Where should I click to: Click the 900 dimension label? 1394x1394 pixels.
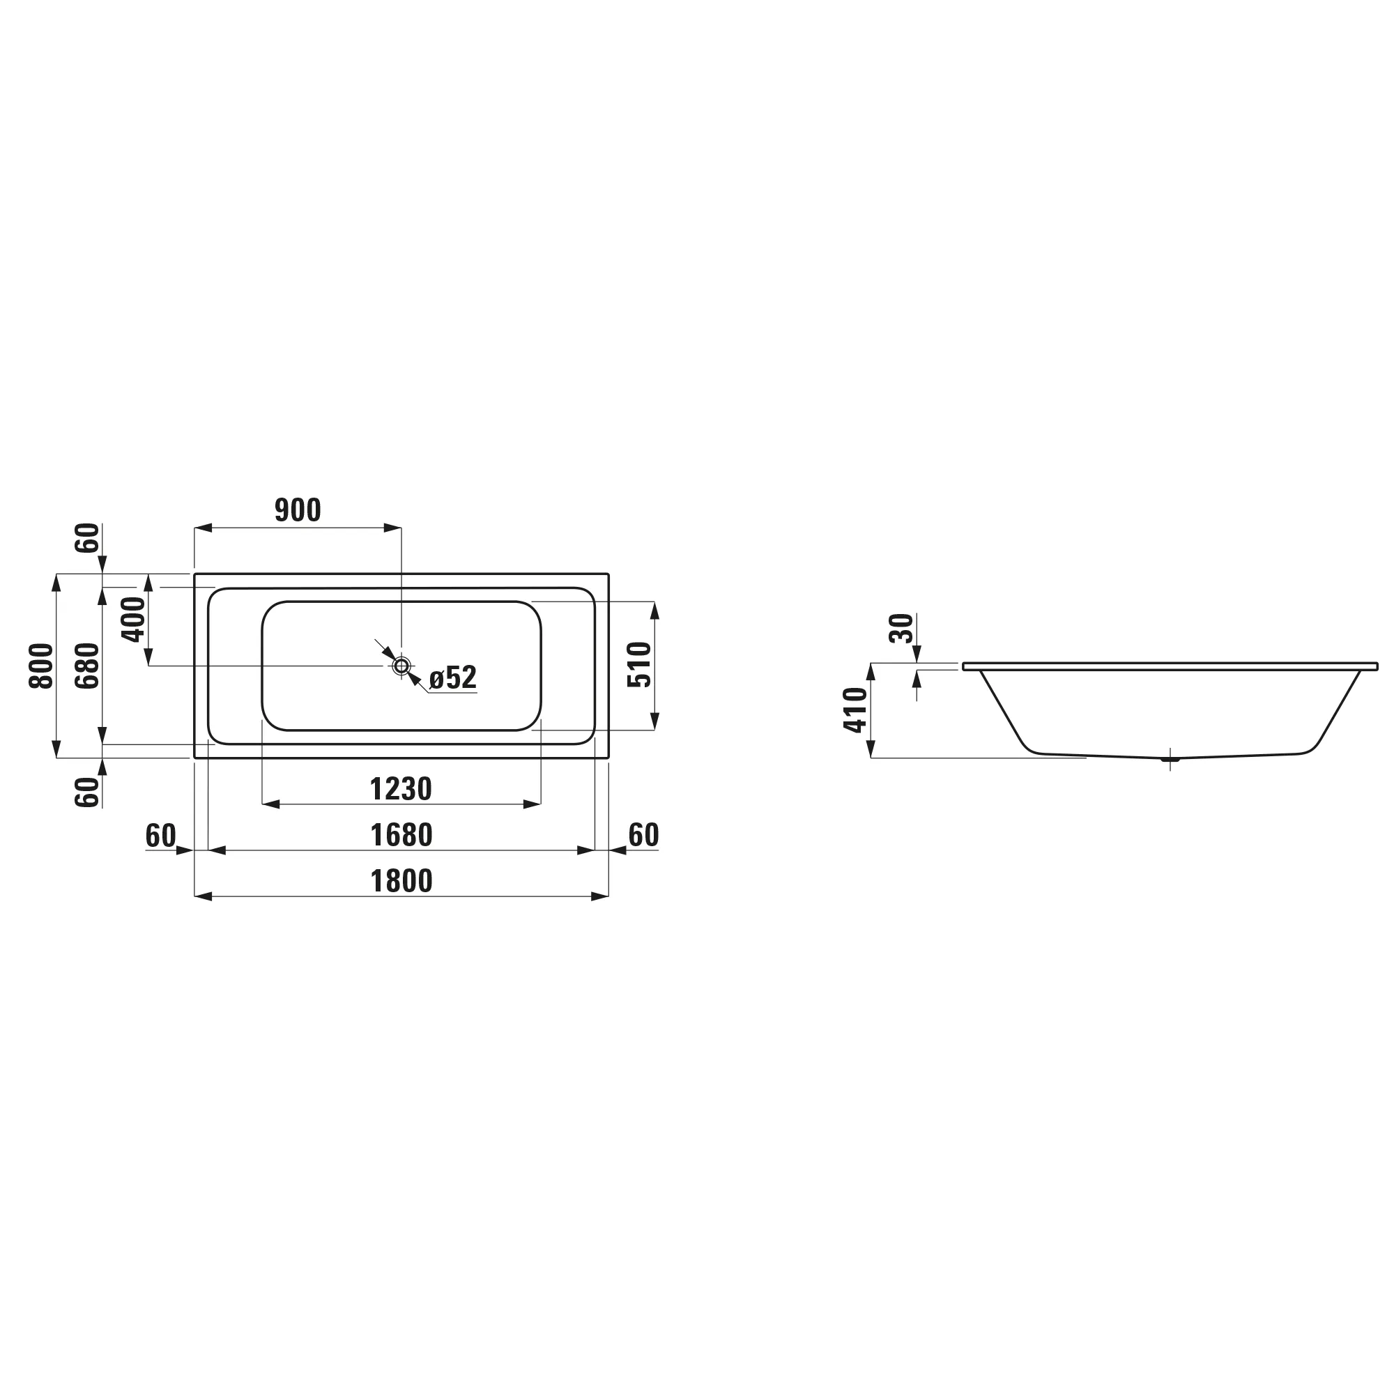298,511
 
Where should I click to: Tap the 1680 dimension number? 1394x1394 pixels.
401,836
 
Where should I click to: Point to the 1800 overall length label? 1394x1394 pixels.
401,882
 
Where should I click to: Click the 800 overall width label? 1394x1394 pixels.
42,665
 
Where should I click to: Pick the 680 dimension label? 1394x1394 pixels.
88,665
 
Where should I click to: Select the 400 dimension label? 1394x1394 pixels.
135,620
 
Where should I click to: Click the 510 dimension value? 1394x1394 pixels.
639,665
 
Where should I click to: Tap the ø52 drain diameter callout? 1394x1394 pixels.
453,678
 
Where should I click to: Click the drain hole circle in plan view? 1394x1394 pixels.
401,666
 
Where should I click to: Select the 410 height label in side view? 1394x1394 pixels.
856,710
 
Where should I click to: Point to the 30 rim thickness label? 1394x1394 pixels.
902,629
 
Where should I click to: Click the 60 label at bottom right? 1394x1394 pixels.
643,836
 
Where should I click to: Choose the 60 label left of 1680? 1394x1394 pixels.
160,836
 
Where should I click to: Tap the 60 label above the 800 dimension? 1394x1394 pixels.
88,537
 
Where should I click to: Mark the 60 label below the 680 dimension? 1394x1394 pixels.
88,792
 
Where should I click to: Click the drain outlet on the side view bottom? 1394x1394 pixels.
1170,758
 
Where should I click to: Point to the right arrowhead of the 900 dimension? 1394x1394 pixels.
392,528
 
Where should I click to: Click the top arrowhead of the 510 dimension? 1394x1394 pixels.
654,611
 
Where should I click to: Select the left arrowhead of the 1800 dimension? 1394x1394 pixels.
204,897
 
